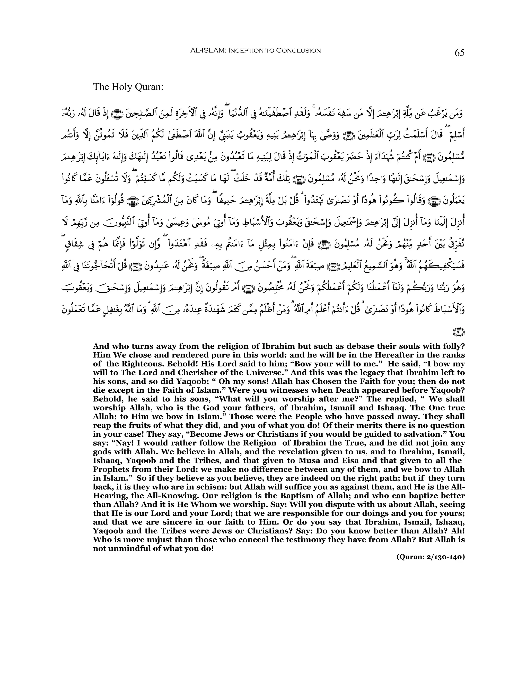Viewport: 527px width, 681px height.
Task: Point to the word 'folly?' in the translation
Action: (x=454, y=346)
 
